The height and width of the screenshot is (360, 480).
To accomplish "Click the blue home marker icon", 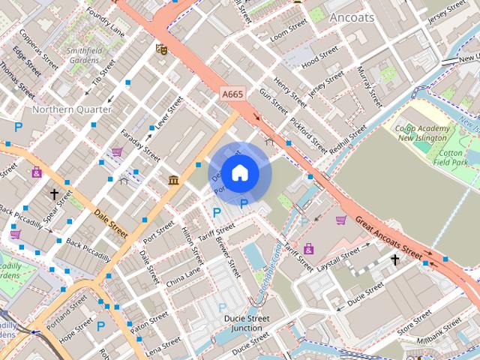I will point(239,173).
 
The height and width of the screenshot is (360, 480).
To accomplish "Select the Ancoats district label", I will point(351,17).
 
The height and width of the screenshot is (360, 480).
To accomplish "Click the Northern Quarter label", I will point(72,109).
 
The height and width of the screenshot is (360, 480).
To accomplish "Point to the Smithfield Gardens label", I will point(82,55).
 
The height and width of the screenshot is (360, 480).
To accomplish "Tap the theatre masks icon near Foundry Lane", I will point(160,49).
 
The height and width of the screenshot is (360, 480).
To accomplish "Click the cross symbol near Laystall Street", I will point(395,259).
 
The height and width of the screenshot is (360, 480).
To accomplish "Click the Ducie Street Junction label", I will point(247,323).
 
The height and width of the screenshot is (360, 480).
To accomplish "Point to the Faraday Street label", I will point(141,143).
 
